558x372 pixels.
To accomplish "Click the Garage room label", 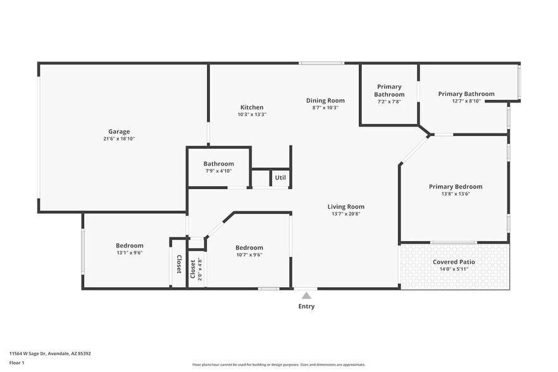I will click(x=118, y=132).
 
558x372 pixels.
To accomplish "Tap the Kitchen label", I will click(x=252, y=107).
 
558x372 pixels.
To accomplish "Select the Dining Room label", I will click(x=325, y=100).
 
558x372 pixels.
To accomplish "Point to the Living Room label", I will click(x=345, y=206).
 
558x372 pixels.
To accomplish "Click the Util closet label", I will click(x=280, y=177).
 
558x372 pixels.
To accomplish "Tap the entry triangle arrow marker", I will click(x=306, y=295).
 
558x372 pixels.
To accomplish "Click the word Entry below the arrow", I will click(x=306, y=306).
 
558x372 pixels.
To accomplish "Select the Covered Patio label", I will click(x=454, y=262).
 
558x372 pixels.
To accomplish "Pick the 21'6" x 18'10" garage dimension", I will click(x=118, y=139).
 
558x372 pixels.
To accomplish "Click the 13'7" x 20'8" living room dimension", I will click(x=345, y=214).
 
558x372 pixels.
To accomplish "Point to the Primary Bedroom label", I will click(x=456, y=187).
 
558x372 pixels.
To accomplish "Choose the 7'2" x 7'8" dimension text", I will click(x=389, y=101).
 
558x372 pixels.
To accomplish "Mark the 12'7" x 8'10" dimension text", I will click(x=466, y=101).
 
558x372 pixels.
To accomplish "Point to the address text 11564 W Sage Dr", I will click(x=50, y=354).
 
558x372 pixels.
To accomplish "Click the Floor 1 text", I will click(x=16, y=363).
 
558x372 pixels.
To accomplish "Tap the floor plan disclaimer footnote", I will click(x=278, y=364).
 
